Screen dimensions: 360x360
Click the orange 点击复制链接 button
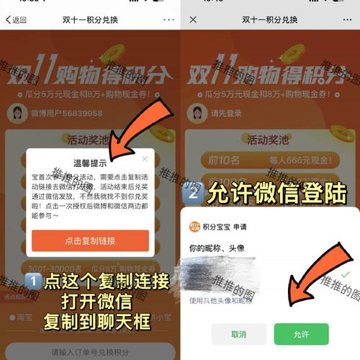pyautogui.click(x=90, y=240)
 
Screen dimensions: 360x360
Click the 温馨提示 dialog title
pyautogui.click(x=90, y=163)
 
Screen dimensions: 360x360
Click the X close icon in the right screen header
pyautogui.click(x=193, y=20)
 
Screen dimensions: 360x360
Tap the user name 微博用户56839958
pyautogui.click(x=61, y=113)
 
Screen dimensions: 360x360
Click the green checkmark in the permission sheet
pyautogui.click(x=346, y=274)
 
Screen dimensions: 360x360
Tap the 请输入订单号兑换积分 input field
pyautogui.click(x=90, y=351)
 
